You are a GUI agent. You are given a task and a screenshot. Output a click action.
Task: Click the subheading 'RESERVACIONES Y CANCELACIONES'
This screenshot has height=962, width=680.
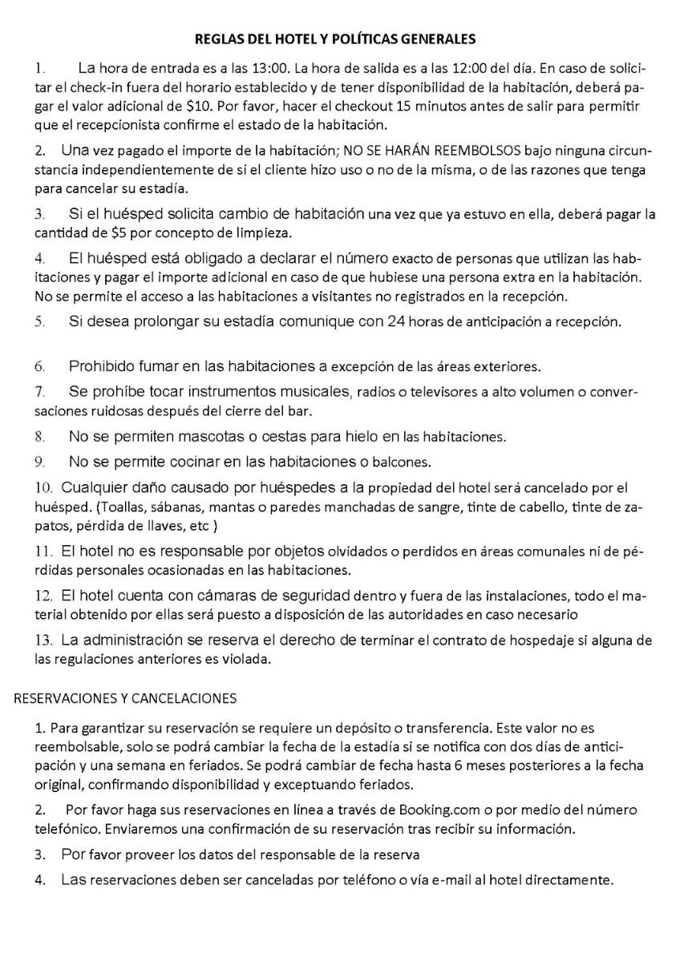coord(125,698)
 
